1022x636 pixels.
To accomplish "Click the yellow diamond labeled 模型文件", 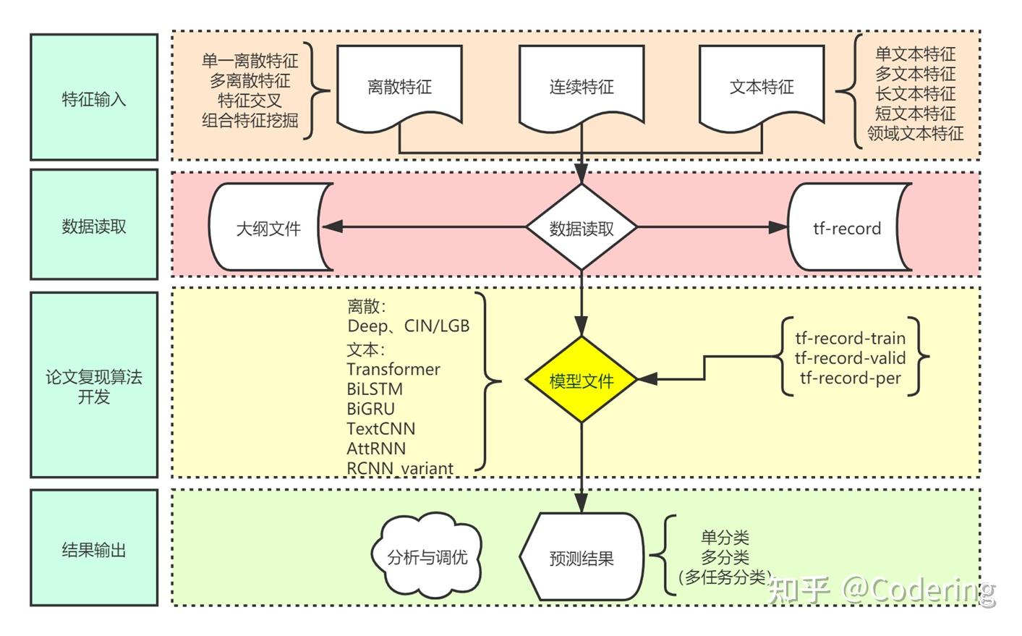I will [x=581, y=380].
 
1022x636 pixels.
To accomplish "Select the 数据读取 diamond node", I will [x=581, y=228].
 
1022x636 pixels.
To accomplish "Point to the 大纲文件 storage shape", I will [x=268, y=229].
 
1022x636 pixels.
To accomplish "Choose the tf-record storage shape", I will [x=847, y=229].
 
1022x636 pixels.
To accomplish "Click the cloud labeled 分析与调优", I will [x=427, y=557].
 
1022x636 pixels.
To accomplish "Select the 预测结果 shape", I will [x=581, y=558].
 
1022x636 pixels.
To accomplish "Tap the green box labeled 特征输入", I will [x=94, y=98].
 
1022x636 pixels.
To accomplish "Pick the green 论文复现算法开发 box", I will [x=94, y=386].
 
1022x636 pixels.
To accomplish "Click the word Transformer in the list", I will [x=393, y=370].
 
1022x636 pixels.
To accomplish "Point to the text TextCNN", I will [x=380, y=428].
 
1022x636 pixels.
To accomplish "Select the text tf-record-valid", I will [x=850, y=358].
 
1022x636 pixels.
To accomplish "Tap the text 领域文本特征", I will [x=915, y=134].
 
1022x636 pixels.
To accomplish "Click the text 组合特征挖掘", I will [x=250, y=120].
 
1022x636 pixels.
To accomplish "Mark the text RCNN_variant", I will [x=400, y=468].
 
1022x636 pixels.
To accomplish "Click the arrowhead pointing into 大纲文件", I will [x=331, y=227].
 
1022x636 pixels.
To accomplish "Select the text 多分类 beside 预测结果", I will [x=725, y=557].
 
